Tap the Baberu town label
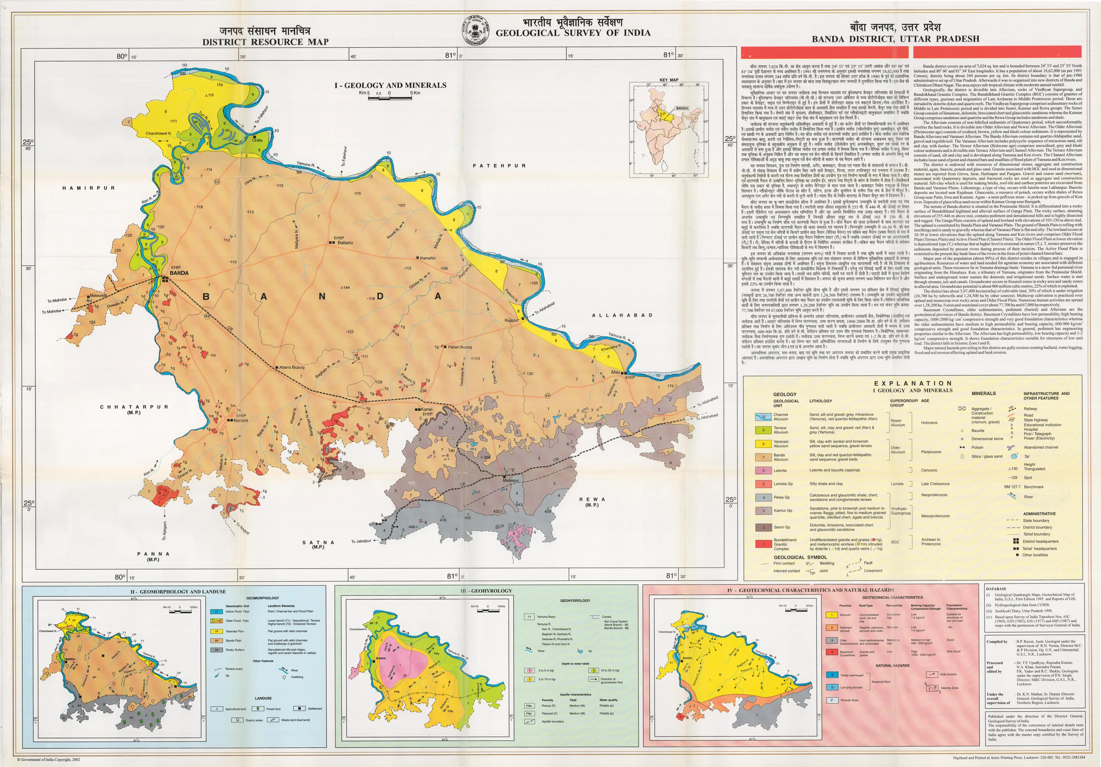[x=345, y=243]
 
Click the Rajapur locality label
[x=511, y=320]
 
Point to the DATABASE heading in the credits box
[x=996, y=589]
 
